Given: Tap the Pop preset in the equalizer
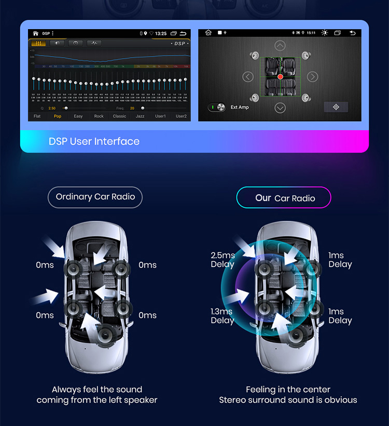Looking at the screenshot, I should (58, 116).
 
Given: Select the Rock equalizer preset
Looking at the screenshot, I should (99, 116).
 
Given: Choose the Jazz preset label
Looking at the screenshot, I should (140, 116).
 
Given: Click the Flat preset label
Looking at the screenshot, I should (37, 116).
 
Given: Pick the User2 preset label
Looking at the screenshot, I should (181, 116).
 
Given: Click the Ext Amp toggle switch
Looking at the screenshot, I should (217, 108).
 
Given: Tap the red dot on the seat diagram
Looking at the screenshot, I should (280, 77).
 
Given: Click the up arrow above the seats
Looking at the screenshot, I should (280, 46).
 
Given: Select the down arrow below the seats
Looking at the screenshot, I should (280, 108).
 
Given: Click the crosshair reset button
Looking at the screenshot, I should (336, 107).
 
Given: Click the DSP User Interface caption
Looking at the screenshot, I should (94, 141).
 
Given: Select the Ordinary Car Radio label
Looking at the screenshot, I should (95, 197).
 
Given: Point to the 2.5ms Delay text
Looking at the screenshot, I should (223, 260).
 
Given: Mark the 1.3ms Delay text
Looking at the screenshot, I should (222, 316).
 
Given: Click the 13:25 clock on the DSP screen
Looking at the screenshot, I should (161, 33).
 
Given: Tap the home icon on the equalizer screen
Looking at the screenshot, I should (35, 33).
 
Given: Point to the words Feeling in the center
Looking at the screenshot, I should (288, 389).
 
